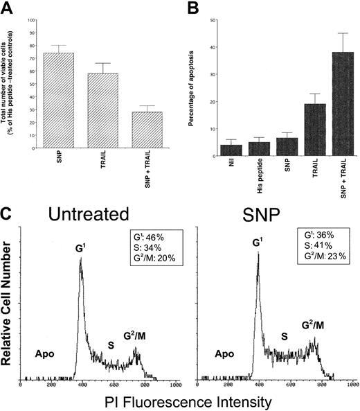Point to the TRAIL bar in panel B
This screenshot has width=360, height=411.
click(x=301, y=131)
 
